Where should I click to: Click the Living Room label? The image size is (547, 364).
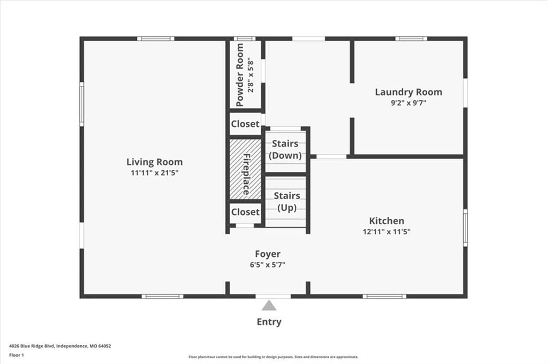pyautogui.click(x=154, y=162)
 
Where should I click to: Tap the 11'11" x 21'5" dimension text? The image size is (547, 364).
pyautogui.click(x=154, y=172)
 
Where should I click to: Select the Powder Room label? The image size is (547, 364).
pyautogui.click(x=240, y=75)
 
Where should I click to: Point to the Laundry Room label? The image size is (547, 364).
pyautogui.click(x=409, y=92)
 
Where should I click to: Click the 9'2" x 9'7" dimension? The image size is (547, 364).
pyautogui.click(x=409, y=103)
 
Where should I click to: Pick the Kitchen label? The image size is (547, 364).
pyautogui.click(x=387, y=221)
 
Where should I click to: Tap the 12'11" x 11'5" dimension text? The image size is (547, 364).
pyautogui.click(x=387, y=232)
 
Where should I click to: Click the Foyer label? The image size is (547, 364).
pyautogui.click(x=268, y=254)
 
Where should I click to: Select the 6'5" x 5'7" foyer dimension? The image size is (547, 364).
pyautogui.click(x=268, y=265)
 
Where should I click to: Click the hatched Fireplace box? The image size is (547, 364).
pyautogui.click(x=245, y=169)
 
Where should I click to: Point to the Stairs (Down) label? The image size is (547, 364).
pyautogui.click(x=285, y=149)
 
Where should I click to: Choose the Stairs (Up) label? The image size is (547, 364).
pyautogui.click(x=287, y=202)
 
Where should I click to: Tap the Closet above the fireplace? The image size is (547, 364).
pyautogui.click(x=245, y=124)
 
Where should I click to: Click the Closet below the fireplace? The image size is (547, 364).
pyautogui.click(x=245, y=212)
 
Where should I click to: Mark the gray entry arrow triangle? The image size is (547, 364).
pyautogui.click(x=269, y=306)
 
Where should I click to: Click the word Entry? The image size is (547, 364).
pyautogui.click(x=269, y=322)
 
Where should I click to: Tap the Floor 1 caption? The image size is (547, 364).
pyautogui.click(x=17, y=355)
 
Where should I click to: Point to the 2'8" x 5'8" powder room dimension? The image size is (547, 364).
pyautogui.click(x=251, y=77)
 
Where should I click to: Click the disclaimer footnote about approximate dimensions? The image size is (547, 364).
pyautogui.click(x=273, y=357)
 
